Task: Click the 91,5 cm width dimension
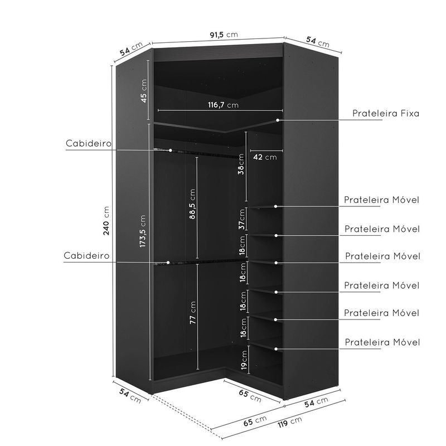(x=224, y=35)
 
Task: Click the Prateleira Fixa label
(x=385, y=113)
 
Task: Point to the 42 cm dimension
(x=265, y=157)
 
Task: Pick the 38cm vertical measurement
(x=241, y=165)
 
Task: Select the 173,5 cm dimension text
(x=143, y=231)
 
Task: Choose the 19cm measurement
(x=243, y=360)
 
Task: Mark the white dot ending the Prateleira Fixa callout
(x=277, y=120)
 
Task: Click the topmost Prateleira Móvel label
(x=381, y=200)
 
